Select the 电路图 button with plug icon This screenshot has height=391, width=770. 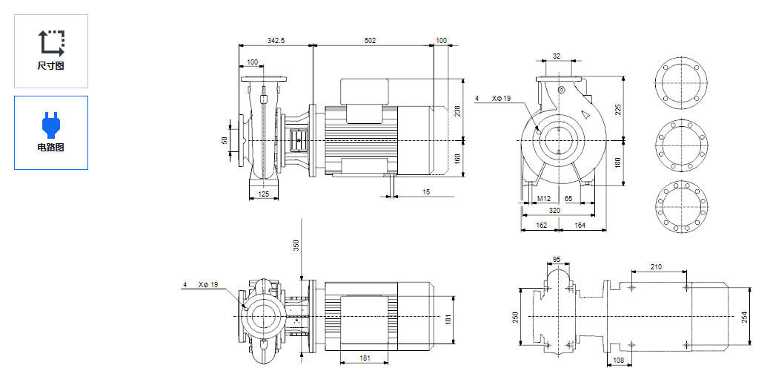click(x=50, y=132)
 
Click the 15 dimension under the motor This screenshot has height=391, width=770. click(x=426, y=192)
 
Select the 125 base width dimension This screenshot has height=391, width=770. click(x=263, y=194)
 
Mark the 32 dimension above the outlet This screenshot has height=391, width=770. click(x=557, y=56)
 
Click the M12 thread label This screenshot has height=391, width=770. click(x=544, y=199)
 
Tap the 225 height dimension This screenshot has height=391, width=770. click(x=618, y=109)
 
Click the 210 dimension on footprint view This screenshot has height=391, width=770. click(x=656, y=266)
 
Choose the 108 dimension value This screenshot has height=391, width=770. click(x=618, y=361)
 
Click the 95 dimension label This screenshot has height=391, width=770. click(x=557, y=260)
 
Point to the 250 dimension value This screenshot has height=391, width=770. click(x=516, y=317)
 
